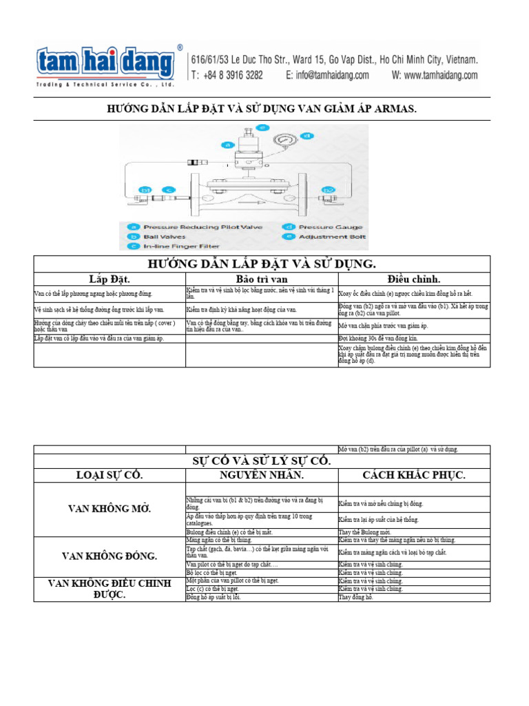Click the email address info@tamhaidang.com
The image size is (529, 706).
click(327, 75)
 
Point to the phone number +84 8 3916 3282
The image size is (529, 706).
click(233, 75)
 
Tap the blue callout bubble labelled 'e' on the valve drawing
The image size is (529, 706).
click(262, 128)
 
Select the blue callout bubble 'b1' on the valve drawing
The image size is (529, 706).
click(145, 190)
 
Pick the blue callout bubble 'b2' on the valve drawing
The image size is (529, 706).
click(329, 190)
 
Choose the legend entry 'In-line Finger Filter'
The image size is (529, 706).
click(181, 245)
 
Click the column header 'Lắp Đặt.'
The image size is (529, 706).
click(110, 279)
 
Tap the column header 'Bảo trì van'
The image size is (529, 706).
click(261, 279)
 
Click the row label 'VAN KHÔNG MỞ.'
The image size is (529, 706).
click(110, 509)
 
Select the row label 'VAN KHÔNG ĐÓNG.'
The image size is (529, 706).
click(110, 556)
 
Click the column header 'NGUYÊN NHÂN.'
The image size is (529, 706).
click(261, 475)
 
